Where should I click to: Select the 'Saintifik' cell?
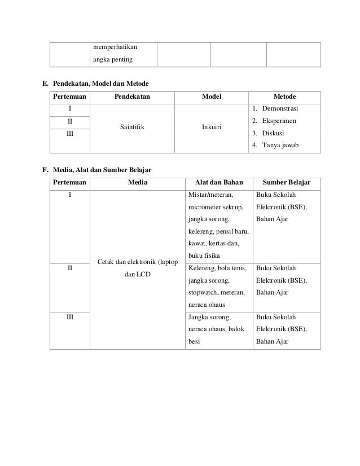click(x=132, y=127)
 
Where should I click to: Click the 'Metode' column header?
click(x=284, y=96)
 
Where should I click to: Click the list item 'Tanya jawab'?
click(x=279, y=146)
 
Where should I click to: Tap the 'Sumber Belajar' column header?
click(x=287, y=182)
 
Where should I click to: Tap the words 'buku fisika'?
click(x=205, y=256)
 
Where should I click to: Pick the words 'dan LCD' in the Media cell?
click(x=138, y=275)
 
